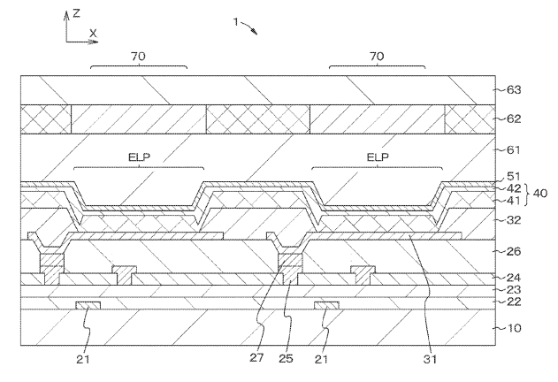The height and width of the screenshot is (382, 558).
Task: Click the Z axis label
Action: pyautogui.click(x=76, y=13)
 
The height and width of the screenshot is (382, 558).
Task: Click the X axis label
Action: pyautogui.click(x=93, y=34)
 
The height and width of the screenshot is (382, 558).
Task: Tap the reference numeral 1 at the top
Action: pyautogui.click(x=235, y=22)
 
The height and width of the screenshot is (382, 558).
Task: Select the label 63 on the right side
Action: pyautogui.click(x=514, y=89)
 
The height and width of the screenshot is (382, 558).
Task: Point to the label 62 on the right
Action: pyautogui.click(x=514, y=118)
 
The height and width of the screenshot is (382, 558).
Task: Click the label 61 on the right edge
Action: pyautogui.click(x=514, y=149)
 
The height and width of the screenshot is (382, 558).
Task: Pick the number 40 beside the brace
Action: pyautogui.click(x=539, y=194)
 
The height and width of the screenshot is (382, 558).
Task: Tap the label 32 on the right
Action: pyautogui.click(x=514, y=220)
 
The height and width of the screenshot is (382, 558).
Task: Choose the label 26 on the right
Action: pyautogui.click(x=514, y=251)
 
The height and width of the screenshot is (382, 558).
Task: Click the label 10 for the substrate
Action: pyautogui.click(x=514, y=327)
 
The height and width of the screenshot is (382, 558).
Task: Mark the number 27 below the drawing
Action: pyautogui.click(x=256, y=357)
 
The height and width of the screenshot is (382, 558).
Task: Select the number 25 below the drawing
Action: pyautogui.click(x=286, y=358)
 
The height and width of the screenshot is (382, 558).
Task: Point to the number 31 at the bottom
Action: pyautogui.click(x=430, y=359)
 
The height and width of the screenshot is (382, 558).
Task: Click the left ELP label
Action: pyautogui.click(x=139, y=157)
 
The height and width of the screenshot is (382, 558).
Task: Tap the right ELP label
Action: pyautogui.click(x=378, y=157)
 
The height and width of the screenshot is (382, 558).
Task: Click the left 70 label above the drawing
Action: pyautogui.click(x=138, y=57)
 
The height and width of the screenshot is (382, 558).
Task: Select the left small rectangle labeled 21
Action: pyautogui.click(x=88, y=305)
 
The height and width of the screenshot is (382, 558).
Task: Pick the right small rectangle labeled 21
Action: pyautogui.click(x=326, y=305)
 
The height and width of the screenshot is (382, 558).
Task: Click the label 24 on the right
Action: pyautogui.click(x=514, y=278)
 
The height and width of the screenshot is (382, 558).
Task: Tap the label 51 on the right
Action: pyautogui.click(x=514, y=176)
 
